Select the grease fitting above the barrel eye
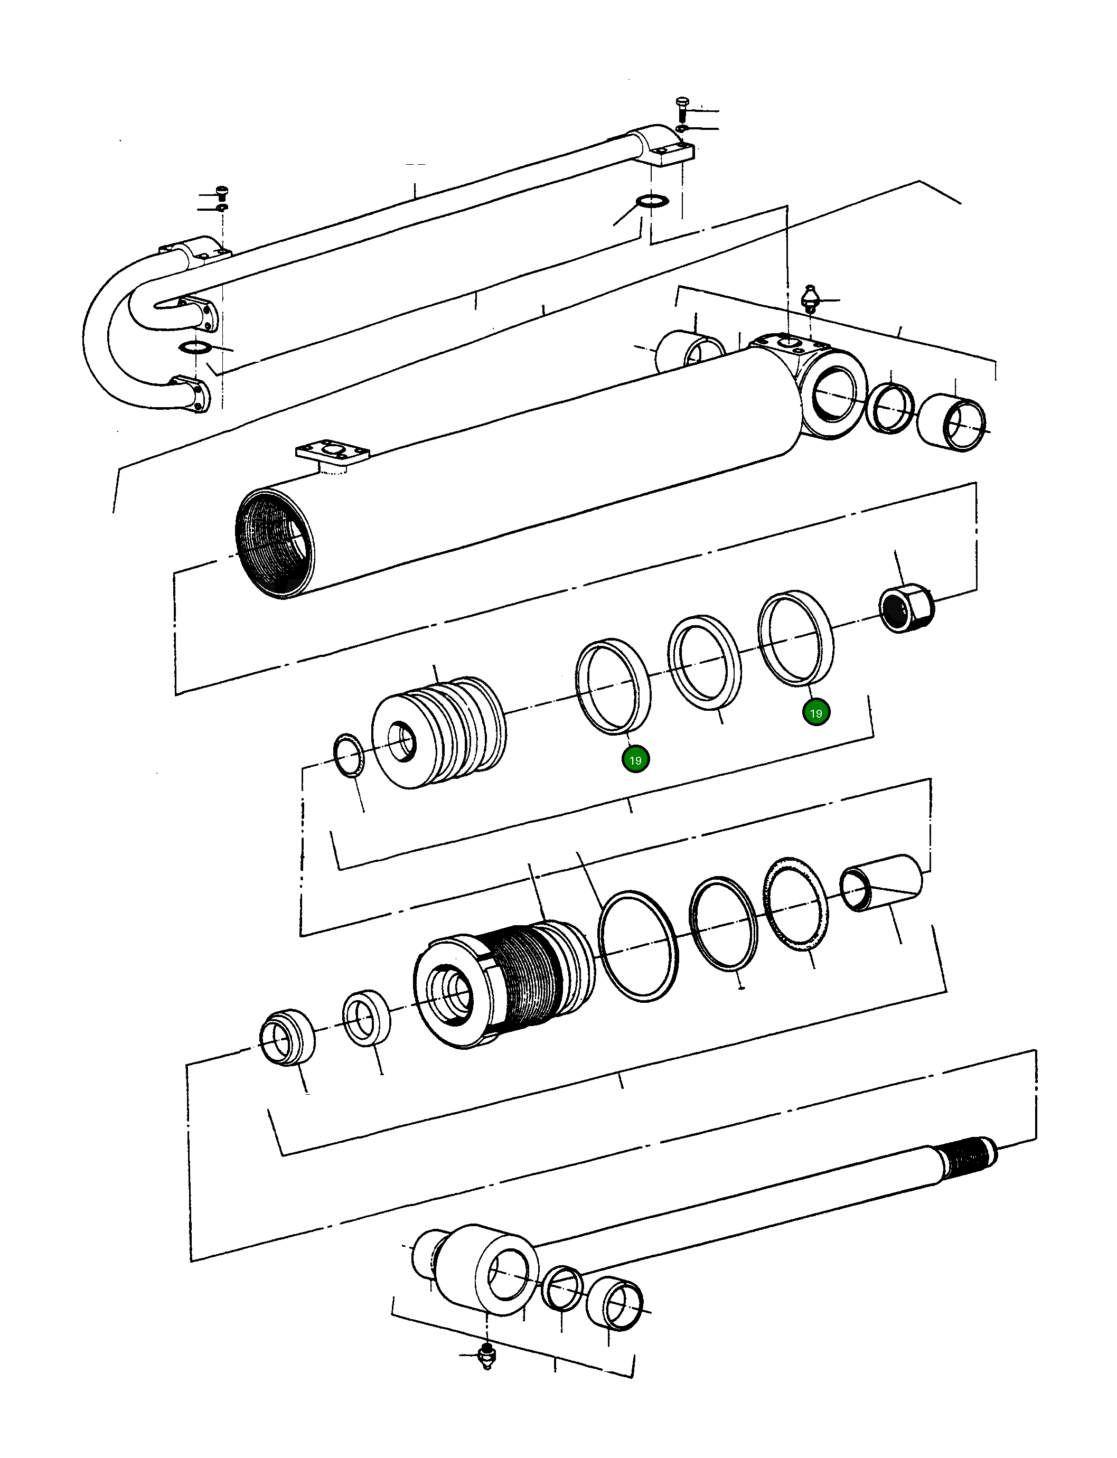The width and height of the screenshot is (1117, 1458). coord(811,297)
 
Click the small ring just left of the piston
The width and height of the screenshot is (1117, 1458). coord(349,755)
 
